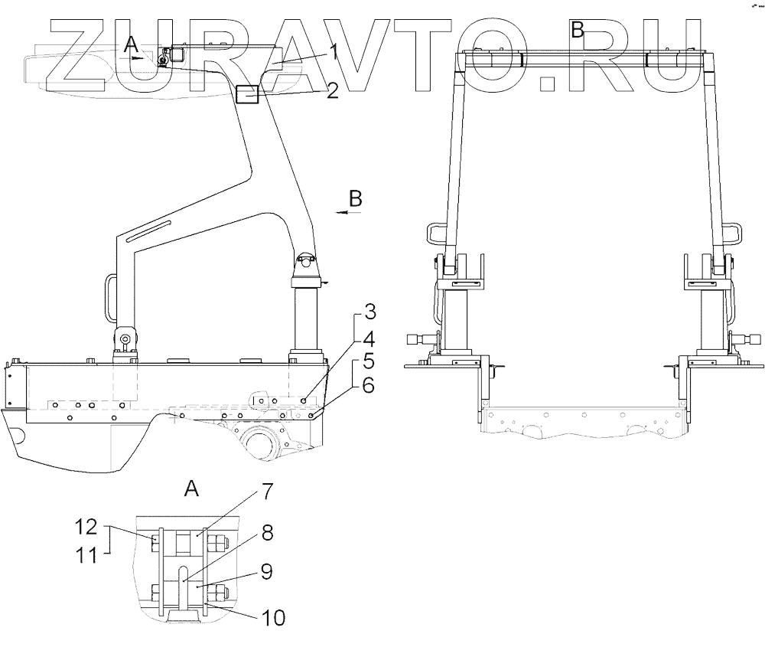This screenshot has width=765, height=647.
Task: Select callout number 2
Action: click(x=332, y=92)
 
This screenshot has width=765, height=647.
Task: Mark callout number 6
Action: click(x=368, y=385)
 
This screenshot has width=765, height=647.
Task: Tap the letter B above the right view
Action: click(x=578, y=30)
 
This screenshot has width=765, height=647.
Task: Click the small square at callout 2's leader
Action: click(x=248, y=94)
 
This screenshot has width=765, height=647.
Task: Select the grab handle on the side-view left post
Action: click(x=109, y=299)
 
